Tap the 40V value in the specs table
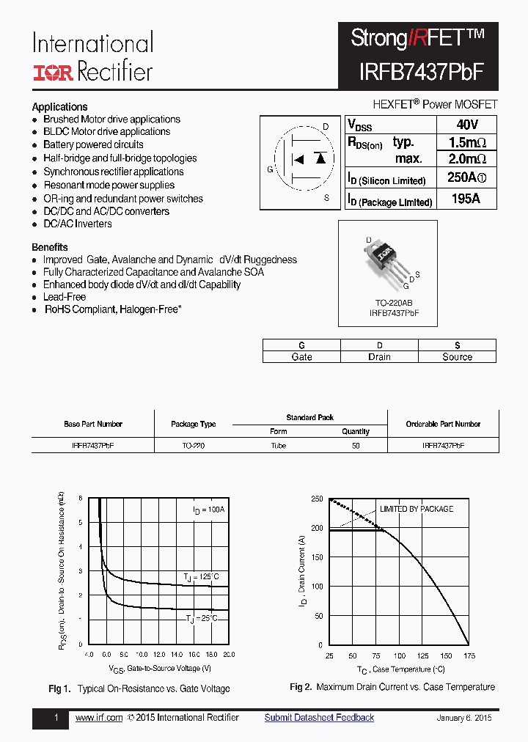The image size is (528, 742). tap(466, 125)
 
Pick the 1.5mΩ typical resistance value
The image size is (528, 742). tap(466, 142)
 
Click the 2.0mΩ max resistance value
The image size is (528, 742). tap(466, 159)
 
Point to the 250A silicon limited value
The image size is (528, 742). tap(466, 178)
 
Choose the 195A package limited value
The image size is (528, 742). tap(466, 199)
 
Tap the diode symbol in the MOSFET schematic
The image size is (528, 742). tap(320, 158)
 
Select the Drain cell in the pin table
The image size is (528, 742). tap(379, 357)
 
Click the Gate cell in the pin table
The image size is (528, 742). tap(301, 357)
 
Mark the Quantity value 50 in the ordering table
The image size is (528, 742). tap(356, 445)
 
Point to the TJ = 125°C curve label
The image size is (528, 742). tap(201, 576)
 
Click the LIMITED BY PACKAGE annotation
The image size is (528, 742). tap(416, 509)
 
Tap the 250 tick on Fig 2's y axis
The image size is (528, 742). tap(317, 499)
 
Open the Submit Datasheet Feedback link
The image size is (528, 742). tap(319, 718)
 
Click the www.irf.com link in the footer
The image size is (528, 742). tap(99, 718)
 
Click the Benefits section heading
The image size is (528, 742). tap(50, 247)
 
